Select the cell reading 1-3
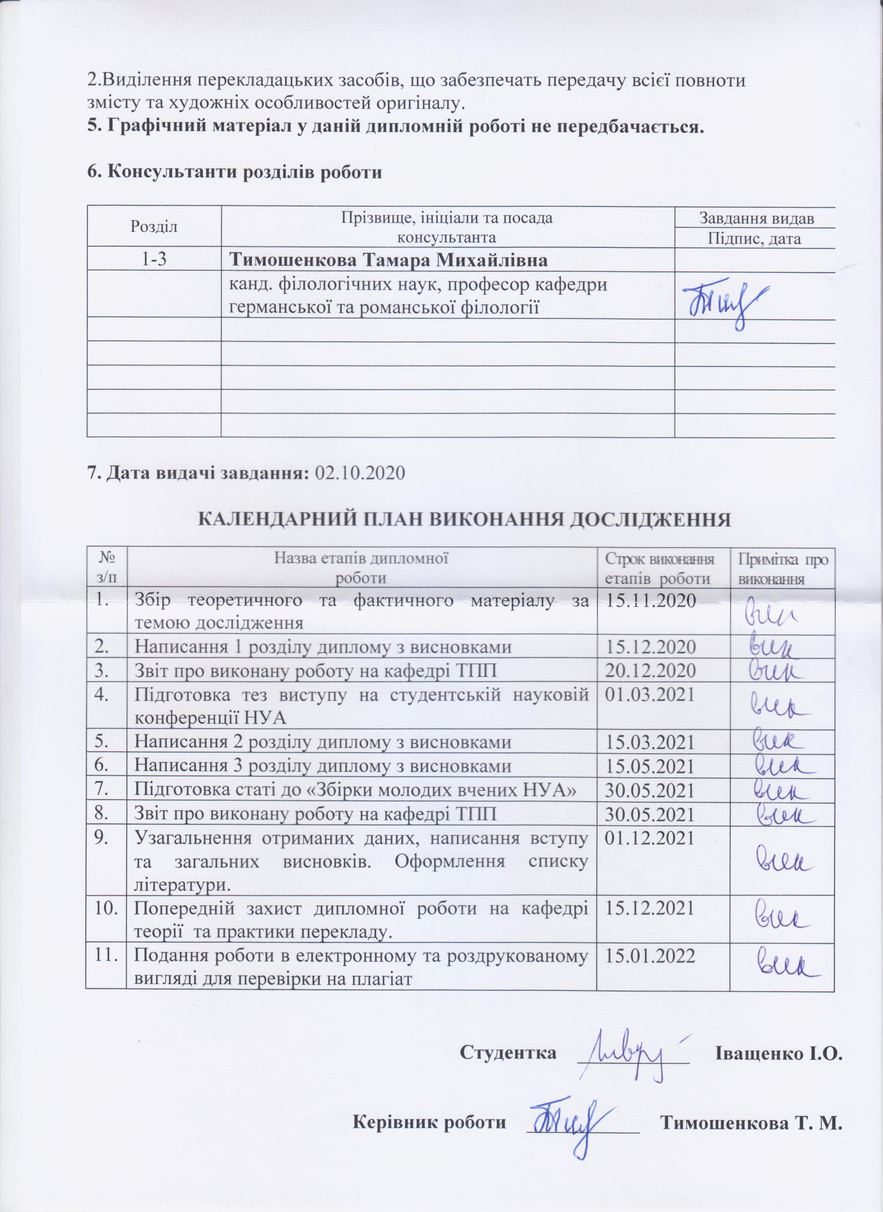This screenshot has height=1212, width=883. pyautogui.click(x=154, y=260)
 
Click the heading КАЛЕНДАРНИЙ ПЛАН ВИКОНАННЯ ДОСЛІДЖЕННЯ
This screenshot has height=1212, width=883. pyautogui.click(x=464, y=519)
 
